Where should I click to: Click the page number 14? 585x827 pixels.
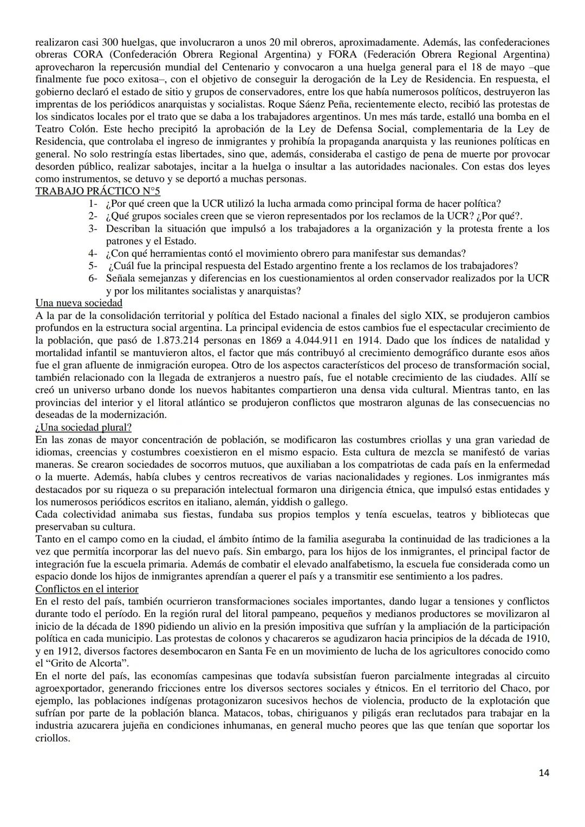pos(544,773)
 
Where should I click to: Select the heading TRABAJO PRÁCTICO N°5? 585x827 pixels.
pos(97,191)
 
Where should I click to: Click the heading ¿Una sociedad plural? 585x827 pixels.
pos(83,427)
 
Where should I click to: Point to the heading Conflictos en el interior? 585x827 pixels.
pos(87,589)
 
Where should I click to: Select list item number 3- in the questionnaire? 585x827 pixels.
pos(93,229)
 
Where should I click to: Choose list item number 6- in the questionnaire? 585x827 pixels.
pos(93,278)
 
